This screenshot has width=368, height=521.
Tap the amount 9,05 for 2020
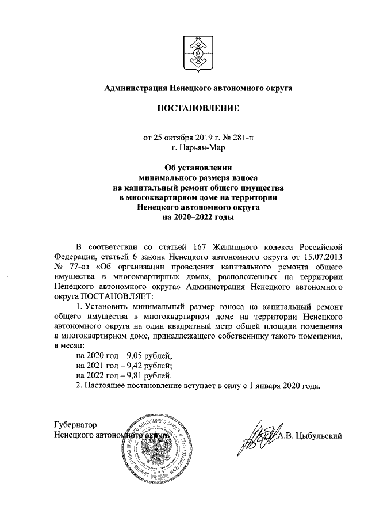(126, 355)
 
